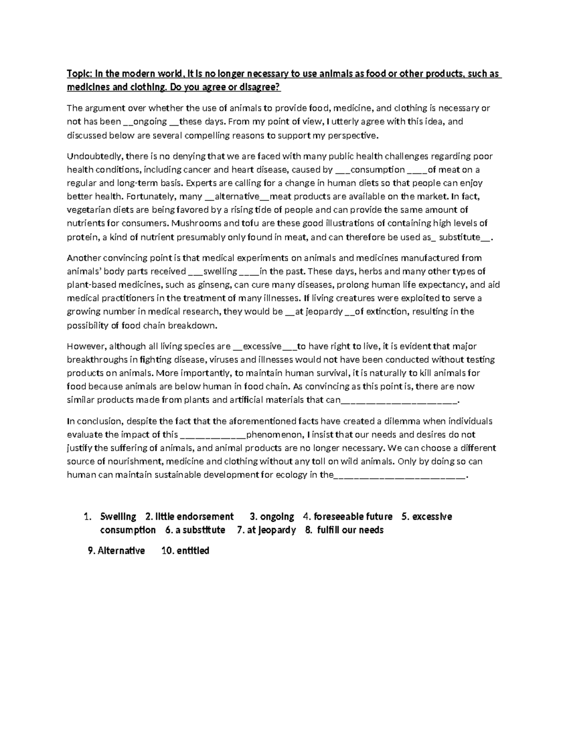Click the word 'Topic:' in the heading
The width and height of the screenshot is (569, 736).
(x=80, y=74)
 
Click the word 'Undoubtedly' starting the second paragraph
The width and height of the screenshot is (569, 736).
(x=94, y=156)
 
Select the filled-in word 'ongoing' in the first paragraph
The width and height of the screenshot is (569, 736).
(x=150, y=121)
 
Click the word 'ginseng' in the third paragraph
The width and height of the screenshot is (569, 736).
(x=215, y=285)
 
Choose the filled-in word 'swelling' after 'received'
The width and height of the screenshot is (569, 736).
(x=220, y=272)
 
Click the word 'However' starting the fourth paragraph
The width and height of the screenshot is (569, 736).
(x=85, y=346)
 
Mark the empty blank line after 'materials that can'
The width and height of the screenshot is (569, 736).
(x=399, y=400)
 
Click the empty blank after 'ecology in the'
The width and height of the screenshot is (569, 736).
(x=400, y=475)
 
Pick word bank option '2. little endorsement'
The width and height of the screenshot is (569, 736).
(x=190, y=517)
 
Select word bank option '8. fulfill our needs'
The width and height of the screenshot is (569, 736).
(x=344, y=530)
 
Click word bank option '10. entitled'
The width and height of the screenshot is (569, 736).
(x=185, y=551)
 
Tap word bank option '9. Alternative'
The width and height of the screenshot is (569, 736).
(x=117, y=551)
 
